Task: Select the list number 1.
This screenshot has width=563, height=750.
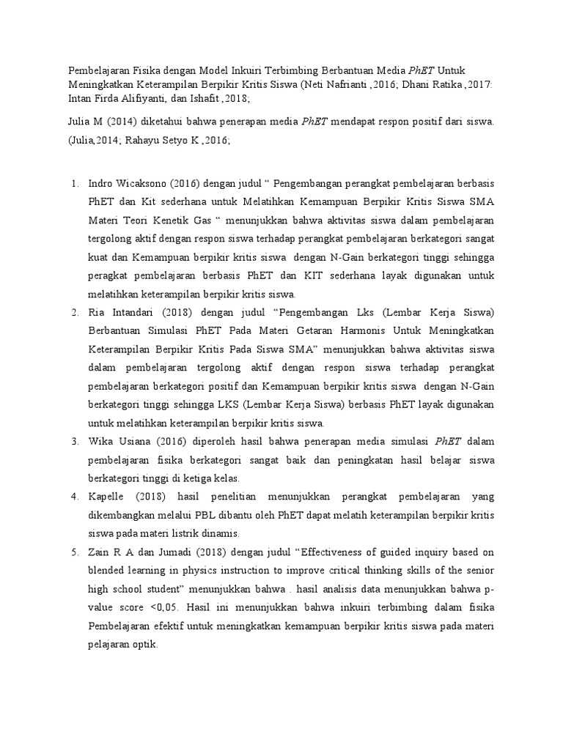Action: click(x=74, y=183)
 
